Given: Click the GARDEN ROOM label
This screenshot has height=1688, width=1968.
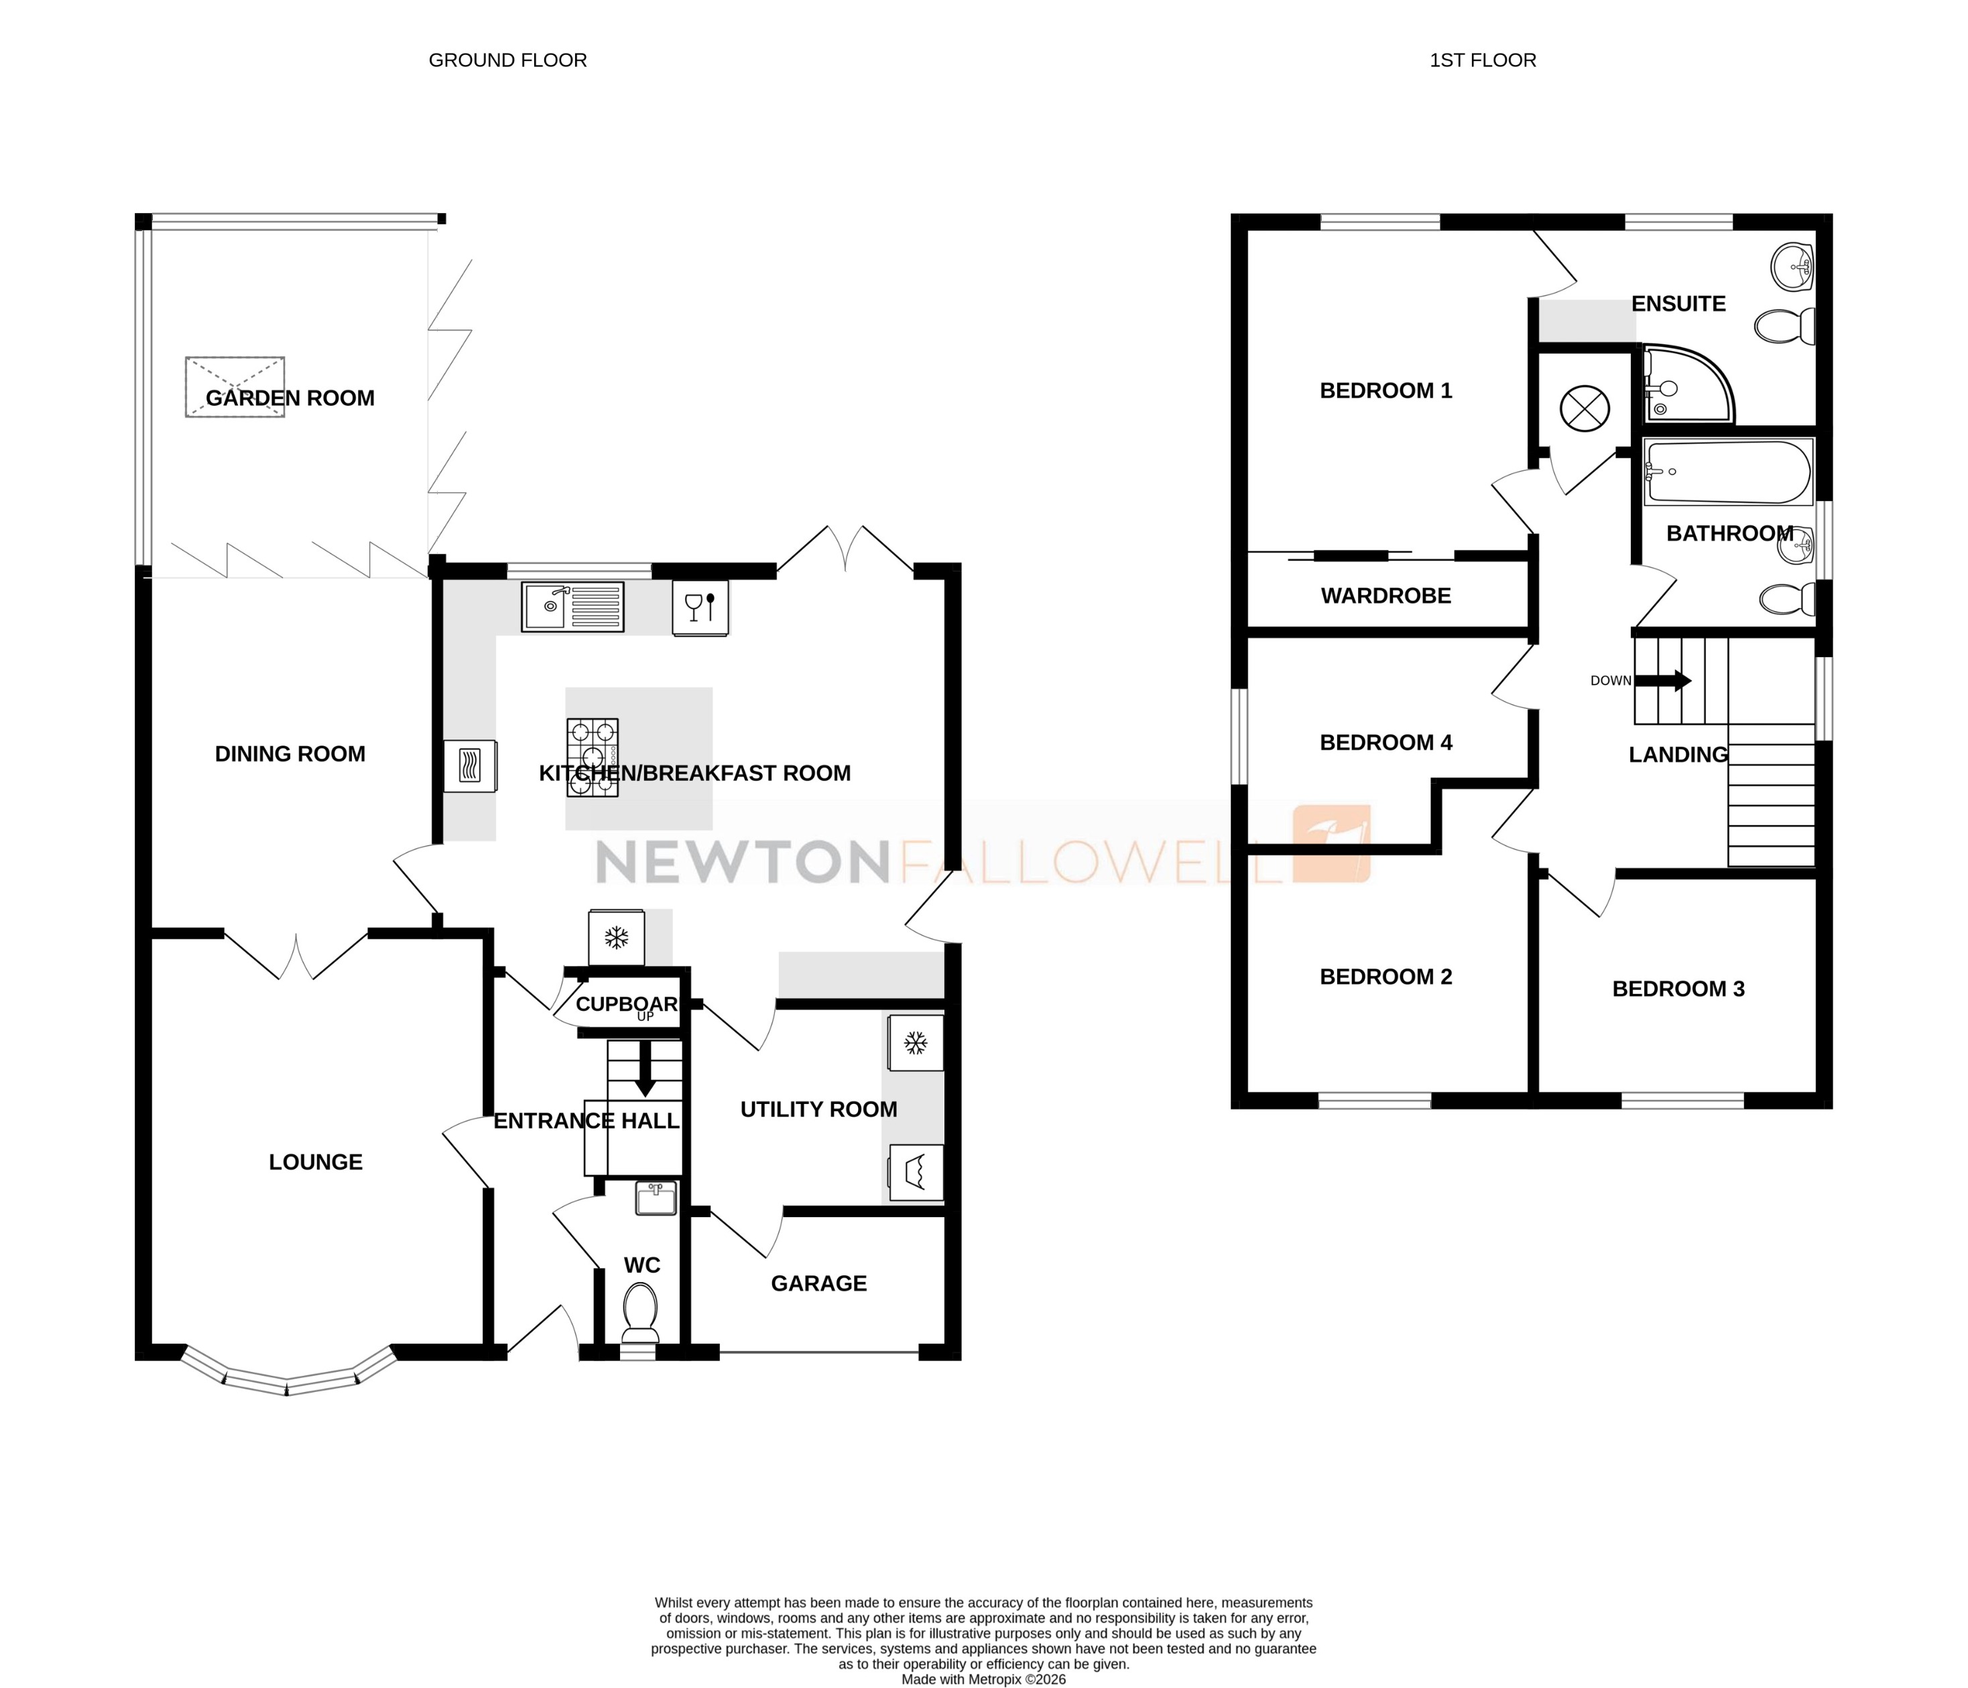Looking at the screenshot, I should [290, 399].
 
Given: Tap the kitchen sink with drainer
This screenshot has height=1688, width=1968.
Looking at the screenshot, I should [572, 607].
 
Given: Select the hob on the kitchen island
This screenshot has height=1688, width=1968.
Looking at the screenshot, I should [593, 757].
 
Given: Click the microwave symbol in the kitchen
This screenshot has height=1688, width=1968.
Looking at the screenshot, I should [469, 765].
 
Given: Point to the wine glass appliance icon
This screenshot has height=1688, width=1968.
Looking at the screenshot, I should [700, 608].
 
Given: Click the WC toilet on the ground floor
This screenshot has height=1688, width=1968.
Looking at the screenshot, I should [639, 1312].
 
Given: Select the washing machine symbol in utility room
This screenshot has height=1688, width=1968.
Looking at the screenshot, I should [916, 1172].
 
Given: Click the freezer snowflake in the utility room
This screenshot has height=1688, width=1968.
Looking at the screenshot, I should [916, 1044].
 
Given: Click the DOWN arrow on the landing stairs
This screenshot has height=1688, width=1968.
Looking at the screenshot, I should [1669, 681].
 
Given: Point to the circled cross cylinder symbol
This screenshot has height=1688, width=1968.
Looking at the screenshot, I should [1585, 409].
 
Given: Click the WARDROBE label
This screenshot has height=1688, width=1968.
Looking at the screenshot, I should [1385, 596].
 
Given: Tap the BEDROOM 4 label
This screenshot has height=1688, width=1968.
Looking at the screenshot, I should [1385, 742].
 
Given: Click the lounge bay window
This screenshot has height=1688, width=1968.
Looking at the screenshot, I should [287, 1376].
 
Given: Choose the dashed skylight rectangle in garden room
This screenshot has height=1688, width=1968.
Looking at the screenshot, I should [235, 386].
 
